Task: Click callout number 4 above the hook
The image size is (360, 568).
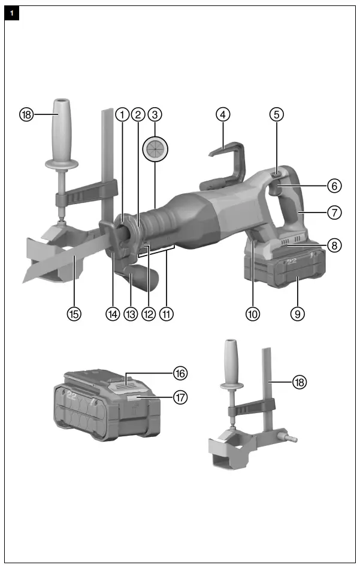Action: (223, 114)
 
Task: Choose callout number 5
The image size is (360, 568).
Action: (276, 114)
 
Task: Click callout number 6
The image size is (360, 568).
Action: (334, 186)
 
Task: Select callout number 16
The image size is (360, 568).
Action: (180, 373)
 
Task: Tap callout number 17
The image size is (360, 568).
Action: (180, 396)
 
